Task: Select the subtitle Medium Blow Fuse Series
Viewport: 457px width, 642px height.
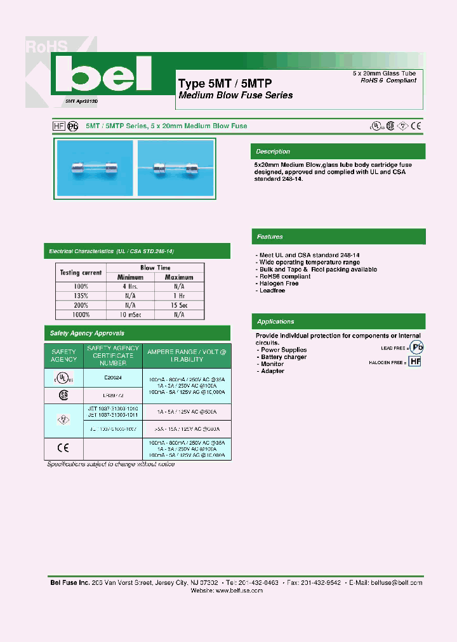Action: point(235,95)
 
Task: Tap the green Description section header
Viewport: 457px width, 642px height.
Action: point(338,152)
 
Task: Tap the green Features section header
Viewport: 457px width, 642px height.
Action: point(338,237)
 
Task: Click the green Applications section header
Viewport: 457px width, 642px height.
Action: point(338,322)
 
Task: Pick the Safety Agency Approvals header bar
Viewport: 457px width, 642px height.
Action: point(136,333)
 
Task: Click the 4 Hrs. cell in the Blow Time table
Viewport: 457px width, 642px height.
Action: point(130,286)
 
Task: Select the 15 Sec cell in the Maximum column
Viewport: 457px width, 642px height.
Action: point(179,305)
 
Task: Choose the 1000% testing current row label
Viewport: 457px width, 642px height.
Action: point(81,314)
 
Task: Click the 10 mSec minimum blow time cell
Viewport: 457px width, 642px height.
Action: point(130,314)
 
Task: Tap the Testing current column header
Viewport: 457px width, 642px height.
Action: point(81,272)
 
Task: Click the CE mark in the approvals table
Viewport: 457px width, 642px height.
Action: point(63,447)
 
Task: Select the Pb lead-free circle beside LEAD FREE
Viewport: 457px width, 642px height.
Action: point(416,347)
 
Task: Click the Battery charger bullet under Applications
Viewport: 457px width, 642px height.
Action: point(284,357)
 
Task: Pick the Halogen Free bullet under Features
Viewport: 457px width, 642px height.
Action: point(279,284)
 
